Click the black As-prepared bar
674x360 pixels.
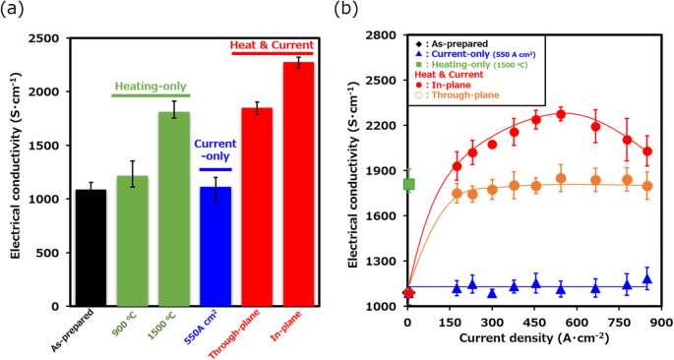click(91, 247)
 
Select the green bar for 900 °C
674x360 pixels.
click(133, 241)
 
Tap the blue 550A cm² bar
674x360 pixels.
click(215, 246)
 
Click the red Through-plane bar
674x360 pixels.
click(257, 207)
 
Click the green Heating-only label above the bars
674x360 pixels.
click(147, 87)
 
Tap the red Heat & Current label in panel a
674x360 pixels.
click(272, 44)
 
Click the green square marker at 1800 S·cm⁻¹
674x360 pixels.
click(409, 184)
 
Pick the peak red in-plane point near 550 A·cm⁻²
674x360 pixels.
click(561, 114)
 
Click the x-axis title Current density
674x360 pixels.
click(532, 338)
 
